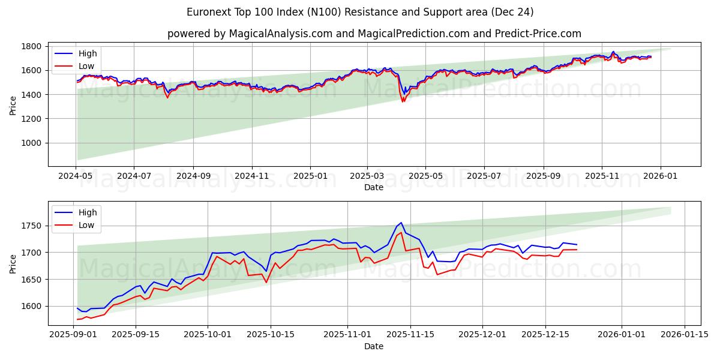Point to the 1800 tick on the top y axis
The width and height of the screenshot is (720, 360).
point(31,46)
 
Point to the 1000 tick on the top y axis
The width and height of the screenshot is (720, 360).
point(31,143)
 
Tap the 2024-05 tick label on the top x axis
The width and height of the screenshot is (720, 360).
point(76,176)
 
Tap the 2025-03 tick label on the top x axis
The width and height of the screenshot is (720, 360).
point(367,176)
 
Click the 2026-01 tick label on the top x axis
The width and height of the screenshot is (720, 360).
point(661,176)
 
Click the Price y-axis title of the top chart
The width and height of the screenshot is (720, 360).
point(13,105)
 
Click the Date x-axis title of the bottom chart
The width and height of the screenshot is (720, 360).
point(373,346)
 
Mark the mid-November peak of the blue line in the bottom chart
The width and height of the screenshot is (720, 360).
point(401,223)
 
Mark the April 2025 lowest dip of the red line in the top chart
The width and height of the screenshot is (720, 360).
point(403,101)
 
